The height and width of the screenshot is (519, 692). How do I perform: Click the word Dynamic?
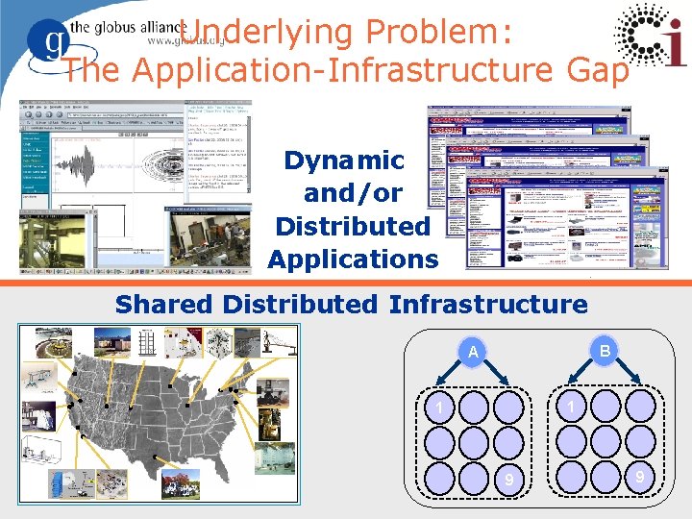[x=344, y=160]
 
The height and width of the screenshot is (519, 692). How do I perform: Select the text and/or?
[x=352, y=193]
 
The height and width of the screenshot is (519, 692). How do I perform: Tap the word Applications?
[x=352, y=259]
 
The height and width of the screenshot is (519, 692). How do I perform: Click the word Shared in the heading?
[x=164, y=306]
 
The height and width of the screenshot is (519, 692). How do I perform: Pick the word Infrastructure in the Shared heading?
[x=488, y=306]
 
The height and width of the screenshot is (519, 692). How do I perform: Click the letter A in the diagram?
[x=473, y=353]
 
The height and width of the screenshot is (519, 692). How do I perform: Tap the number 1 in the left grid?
[x=438, y=409]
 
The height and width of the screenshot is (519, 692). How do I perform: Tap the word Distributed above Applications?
[x=352, y=227]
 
